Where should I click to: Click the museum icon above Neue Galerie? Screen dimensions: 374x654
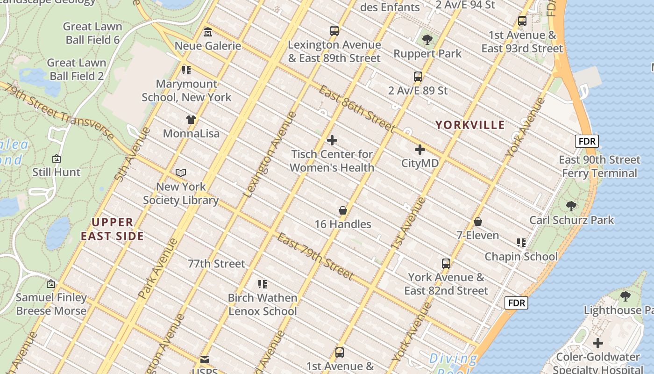pos(208,32)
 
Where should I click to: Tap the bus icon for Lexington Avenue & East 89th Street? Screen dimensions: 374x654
pos(334,31)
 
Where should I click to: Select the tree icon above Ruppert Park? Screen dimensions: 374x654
pos(427,40)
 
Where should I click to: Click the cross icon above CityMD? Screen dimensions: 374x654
pos(420,150)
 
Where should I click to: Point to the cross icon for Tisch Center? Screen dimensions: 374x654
pos(332,140)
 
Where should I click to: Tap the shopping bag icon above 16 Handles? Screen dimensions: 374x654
pos(343,210)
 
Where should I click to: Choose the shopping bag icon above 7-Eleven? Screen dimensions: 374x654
pos(477,222)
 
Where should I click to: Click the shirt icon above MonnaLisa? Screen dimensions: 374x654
pos(191,119)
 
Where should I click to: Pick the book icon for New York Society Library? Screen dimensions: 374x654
pos(181,173)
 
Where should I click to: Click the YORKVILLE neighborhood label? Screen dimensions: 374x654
pos(470,125)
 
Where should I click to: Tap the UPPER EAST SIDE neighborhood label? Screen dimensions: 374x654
pos(112,229)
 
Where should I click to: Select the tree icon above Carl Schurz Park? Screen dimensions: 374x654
pos(571,206)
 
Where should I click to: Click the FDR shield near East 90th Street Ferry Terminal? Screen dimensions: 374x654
pos(586,141)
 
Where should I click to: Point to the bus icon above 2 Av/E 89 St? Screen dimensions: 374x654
pos(418,77)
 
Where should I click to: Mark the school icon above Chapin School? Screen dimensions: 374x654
pos(521,243)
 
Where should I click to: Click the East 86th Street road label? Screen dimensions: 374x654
pos(357,108)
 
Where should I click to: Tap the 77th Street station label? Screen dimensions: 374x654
pos(216,264)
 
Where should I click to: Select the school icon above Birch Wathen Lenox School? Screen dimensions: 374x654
pos(263,284)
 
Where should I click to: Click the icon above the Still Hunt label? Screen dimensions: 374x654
pos(57,158)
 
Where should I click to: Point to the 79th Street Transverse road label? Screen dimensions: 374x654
pos(58,111)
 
